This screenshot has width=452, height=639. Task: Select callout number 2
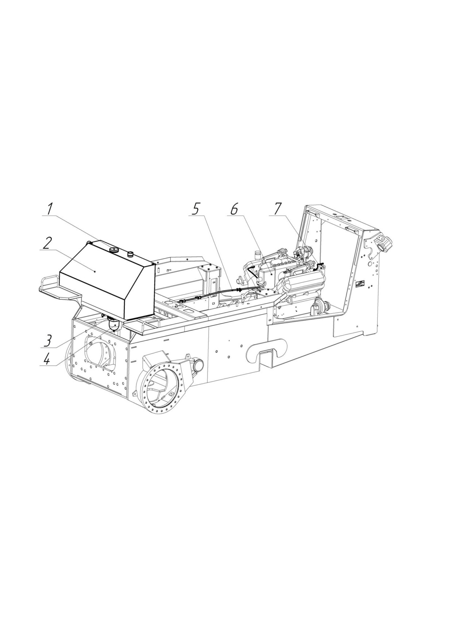(x=47, y=243)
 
